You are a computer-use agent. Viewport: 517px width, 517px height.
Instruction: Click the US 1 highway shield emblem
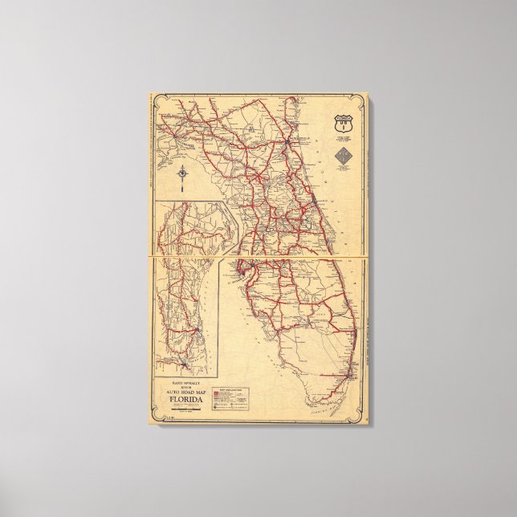pos(344,126)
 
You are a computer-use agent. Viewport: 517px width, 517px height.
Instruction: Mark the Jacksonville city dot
pos(287,142)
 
